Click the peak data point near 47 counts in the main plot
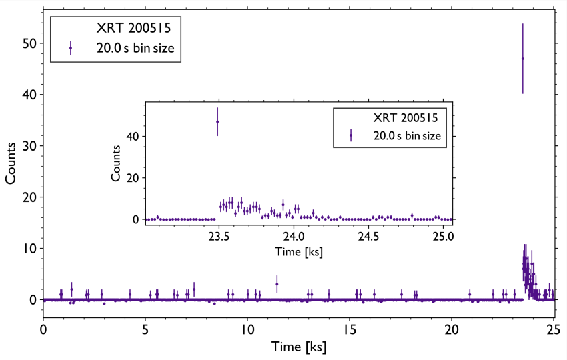pyautogui.click(x=522, y=59)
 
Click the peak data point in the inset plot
pyautogui.click(x=217, y=121)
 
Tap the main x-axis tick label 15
pyautogui.click(x=350, y=329)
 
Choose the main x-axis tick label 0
pyautogui.click(x=43, y=329)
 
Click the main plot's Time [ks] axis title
pyautogui.click(x=298, y=347)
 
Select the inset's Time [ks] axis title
pyautogui.click(x=298, y=252)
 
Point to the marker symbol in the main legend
pyautogui.click(x=71, y=48)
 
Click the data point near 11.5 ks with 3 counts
pyautogui.click(x=277, y=284)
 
